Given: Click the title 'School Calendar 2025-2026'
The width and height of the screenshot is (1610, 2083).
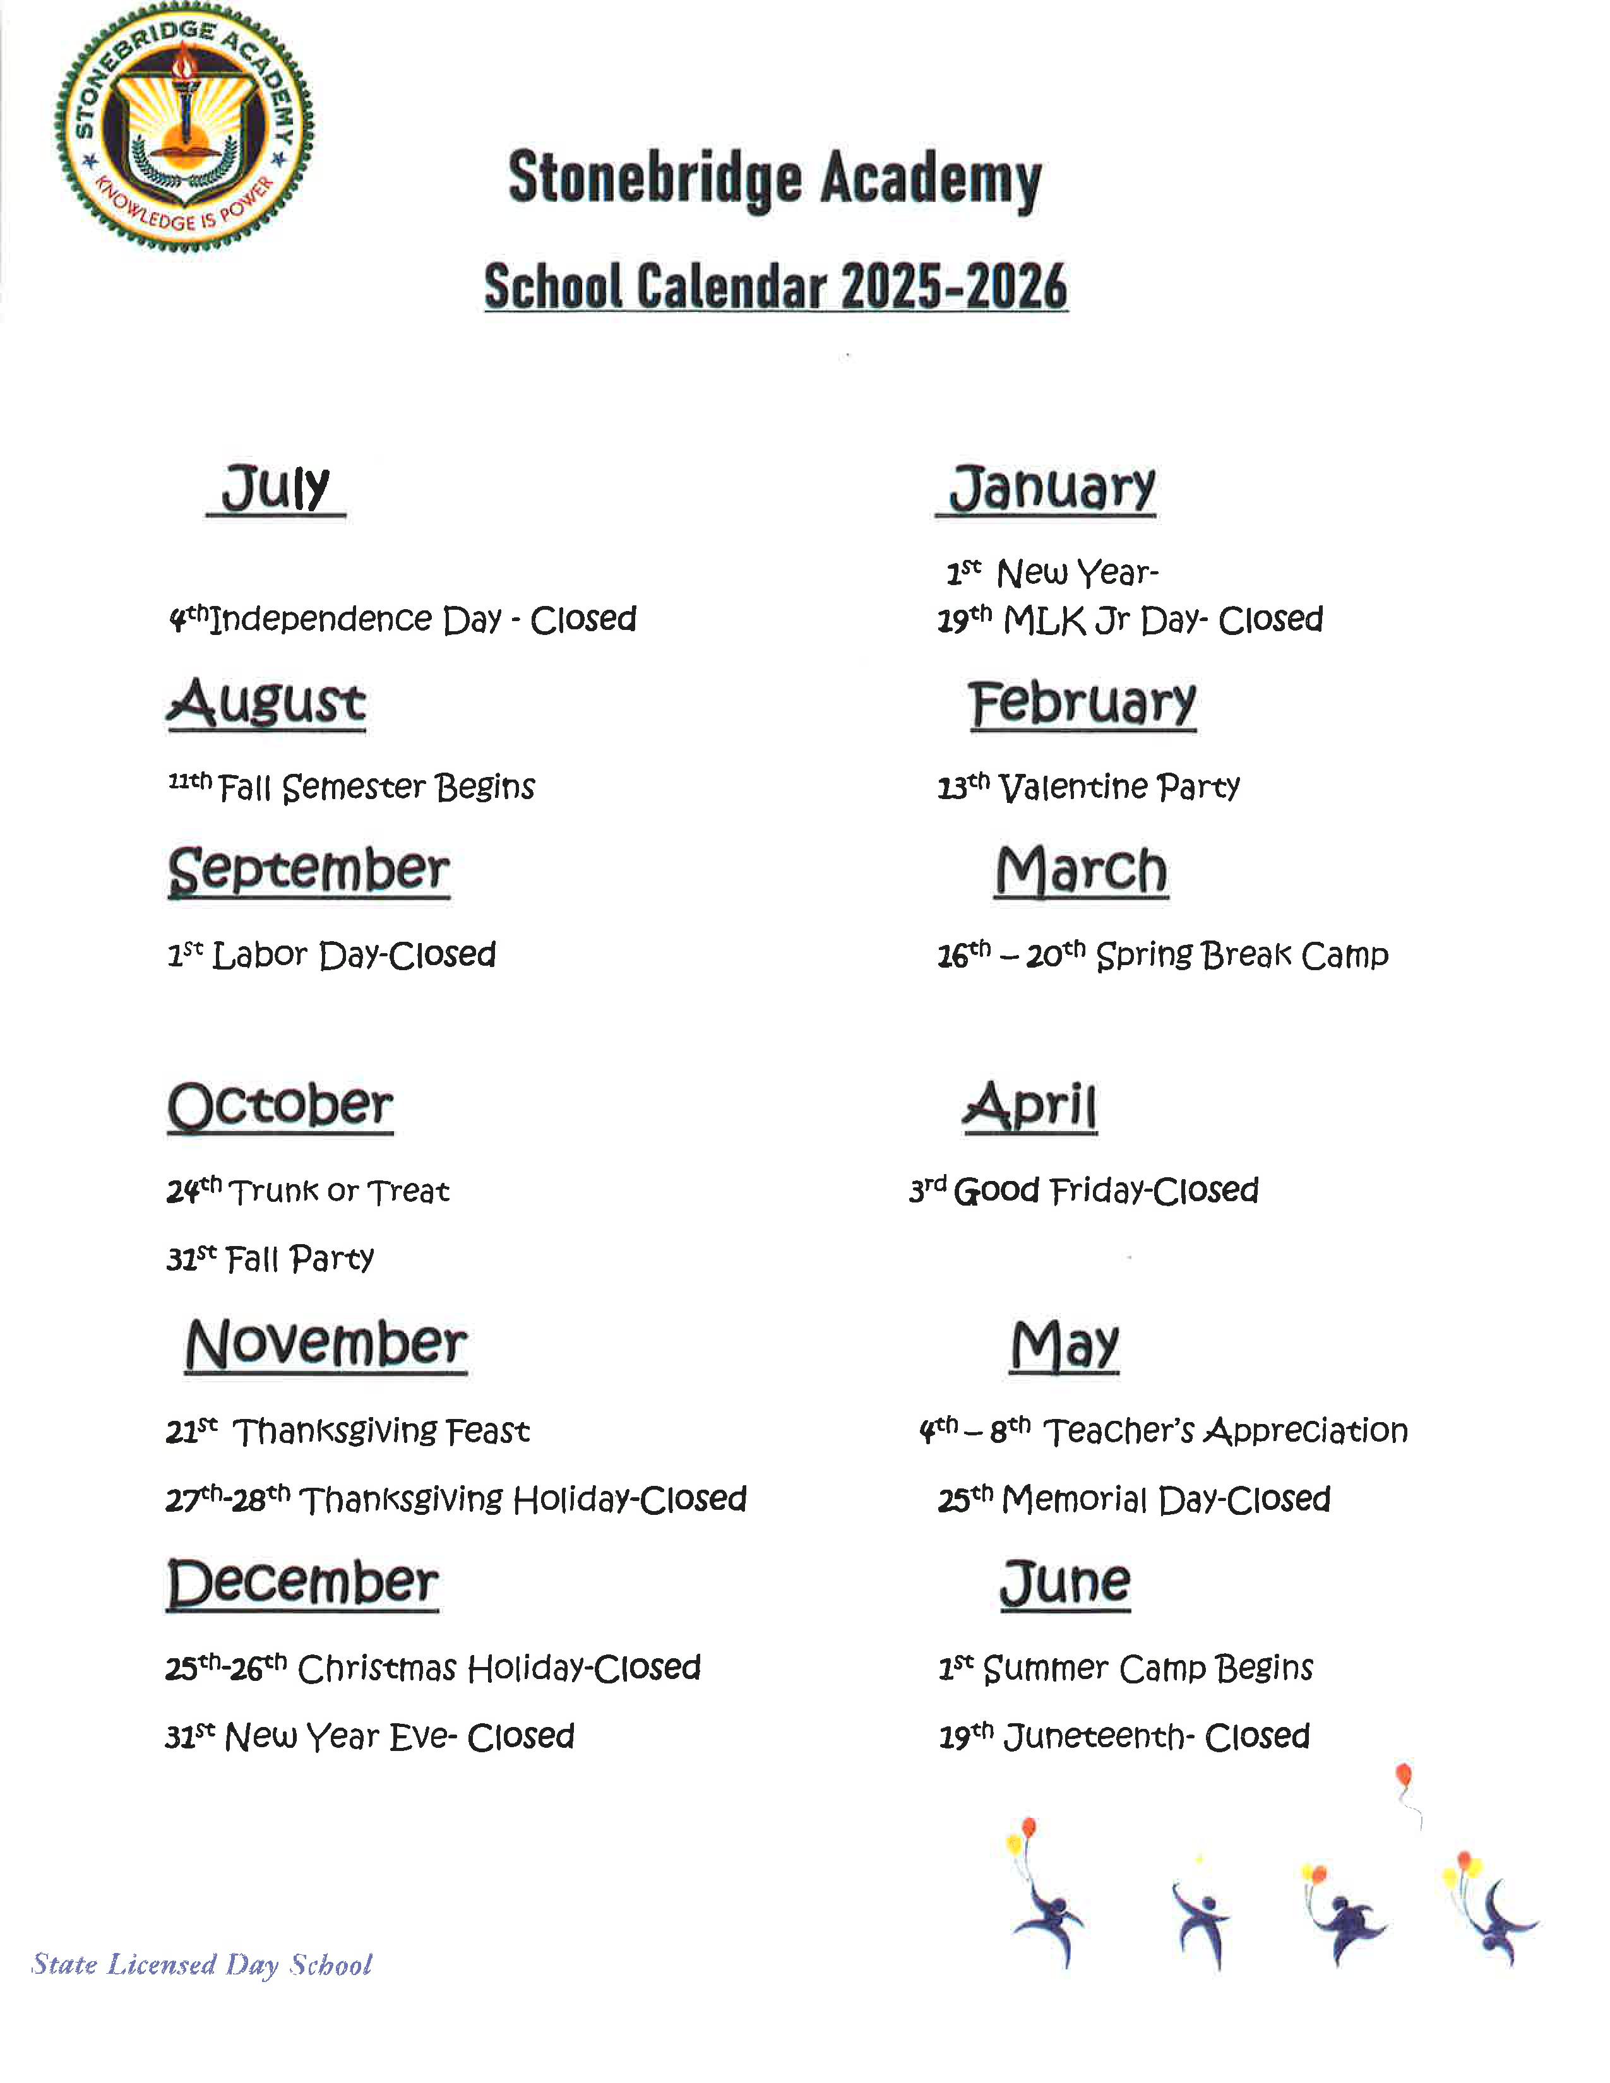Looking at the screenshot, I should coord(775,286).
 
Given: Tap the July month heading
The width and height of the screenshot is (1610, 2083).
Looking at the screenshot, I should coord(276,489).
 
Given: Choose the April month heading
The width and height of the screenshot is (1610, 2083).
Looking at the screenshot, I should coord(1030,1107).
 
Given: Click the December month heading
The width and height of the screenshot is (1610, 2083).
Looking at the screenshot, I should coord(302,1582).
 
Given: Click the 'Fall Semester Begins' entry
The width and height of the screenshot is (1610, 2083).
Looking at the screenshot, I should coord(352,787).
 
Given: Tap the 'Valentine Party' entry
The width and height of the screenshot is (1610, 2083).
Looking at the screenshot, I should coord(1088,787).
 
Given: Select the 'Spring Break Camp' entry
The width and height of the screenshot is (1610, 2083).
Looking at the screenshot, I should coord(1162,954).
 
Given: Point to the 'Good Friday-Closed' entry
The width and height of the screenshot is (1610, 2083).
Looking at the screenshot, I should coord(1083,1190).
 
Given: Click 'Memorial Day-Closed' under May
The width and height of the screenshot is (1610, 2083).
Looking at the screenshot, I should coord(1134,1499).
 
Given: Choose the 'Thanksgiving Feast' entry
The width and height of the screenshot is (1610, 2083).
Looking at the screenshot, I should coord(347,1430).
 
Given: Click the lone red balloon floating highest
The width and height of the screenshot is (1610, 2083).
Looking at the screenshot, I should coord(1403,1776).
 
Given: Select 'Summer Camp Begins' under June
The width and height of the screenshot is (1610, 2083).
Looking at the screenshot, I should coord(1126,1668).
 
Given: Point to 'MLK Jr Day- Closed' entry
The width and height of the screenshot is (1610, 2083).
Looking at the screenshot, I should coord(1130,620).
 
